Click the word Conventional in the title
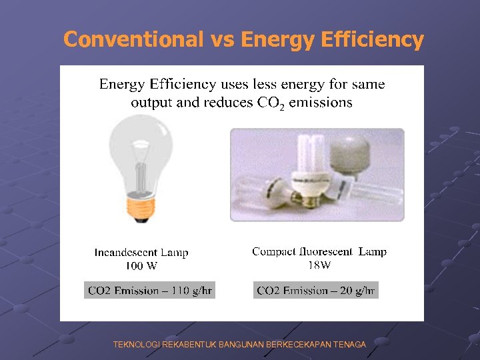tap(133, 40)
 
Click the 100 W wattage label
tap(141, 265)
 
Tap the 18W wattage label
tap(319, 265)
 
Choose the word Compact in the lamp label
tap(273, 251)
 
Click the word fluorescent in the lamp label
tap(326, 251)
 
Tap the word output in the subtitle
tap(151, 102)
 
